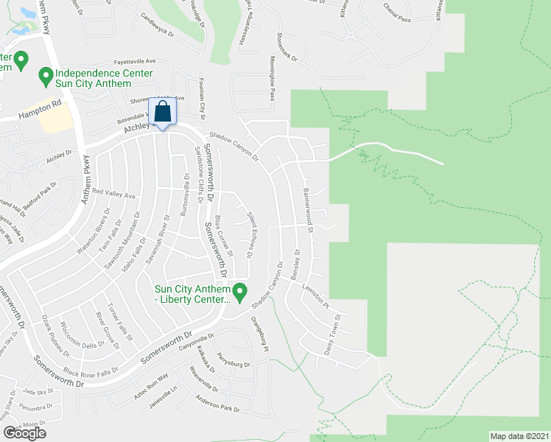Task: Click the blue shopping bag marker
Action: point(163,113)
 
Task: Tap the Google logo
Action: point(24,433)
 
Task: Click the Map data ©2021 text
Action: point(519,436)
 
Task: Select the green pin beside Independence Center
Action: point(46,74)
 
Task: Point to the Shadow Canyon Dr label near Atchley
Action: point(234,146)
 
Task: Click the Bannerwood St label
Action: point(308,210)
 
